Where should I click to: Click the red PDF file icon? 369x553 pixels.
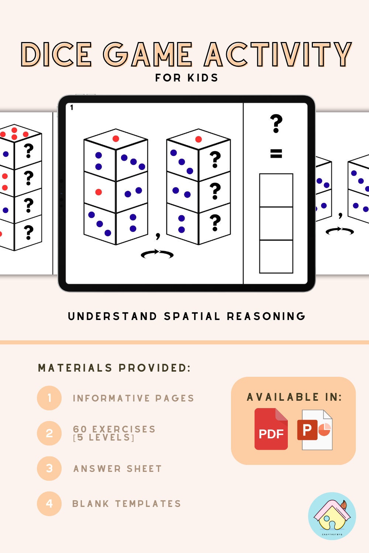coord(271,429)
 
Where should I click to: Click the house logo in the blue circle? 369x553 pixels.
coord(332,516)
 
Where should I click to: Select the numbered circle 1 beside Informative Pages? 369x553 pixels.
coord(49,398)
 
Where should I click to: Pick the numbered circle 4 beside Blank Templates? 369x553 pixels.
coord(49,503)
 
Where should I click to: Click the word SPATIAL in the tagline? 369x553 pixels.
coord(192,316)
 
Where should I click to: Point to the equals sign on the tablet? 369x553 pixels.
coord(276,153)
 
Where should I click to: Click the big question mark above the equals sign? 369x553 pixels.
coord(276,124)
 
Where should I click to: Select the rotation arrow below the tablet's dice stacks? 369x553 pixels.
coord(157,254)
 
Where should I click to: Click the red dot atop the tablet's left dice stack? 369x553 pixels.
coord(116,139)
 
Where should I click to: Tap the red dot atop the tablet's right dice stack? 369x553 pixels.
coord(199,139)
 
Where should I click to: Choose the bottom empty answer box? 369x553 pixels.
coord(276,257)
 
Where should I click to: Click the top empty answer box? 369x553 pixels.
coord(276,190)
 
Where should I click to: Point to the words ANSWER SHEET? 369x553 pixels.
coord(117,469)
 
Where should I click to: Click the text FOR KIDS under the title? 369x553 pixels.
coord(187,78)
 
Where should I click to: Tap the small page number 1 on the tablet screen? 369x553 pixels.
coord(72,108)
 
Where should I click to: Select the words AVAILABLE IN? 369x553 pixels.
coord(294,397)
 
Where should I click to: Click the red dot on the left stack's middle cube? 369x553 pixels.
coord(99,192)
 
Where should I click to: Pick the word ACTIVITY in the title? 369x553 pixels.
coord(277,55)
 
